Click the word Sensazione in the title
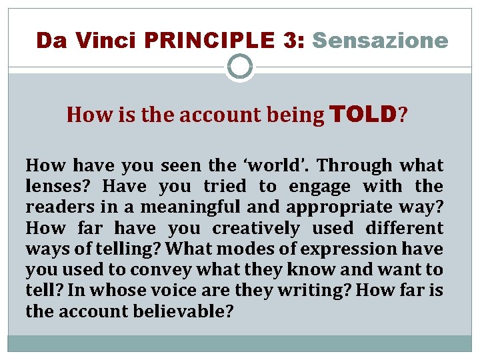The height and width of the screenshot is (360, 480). tap(380, 41)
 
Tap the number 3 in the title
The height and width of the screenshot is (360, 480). tap(291, 41)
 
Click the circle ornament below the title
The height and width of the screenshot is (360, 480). tap(240, 67)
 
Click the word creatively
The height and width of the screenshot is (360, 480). tap(256, 228)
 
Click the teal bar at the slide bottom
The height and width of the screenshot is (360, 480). tap(240, 343)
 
